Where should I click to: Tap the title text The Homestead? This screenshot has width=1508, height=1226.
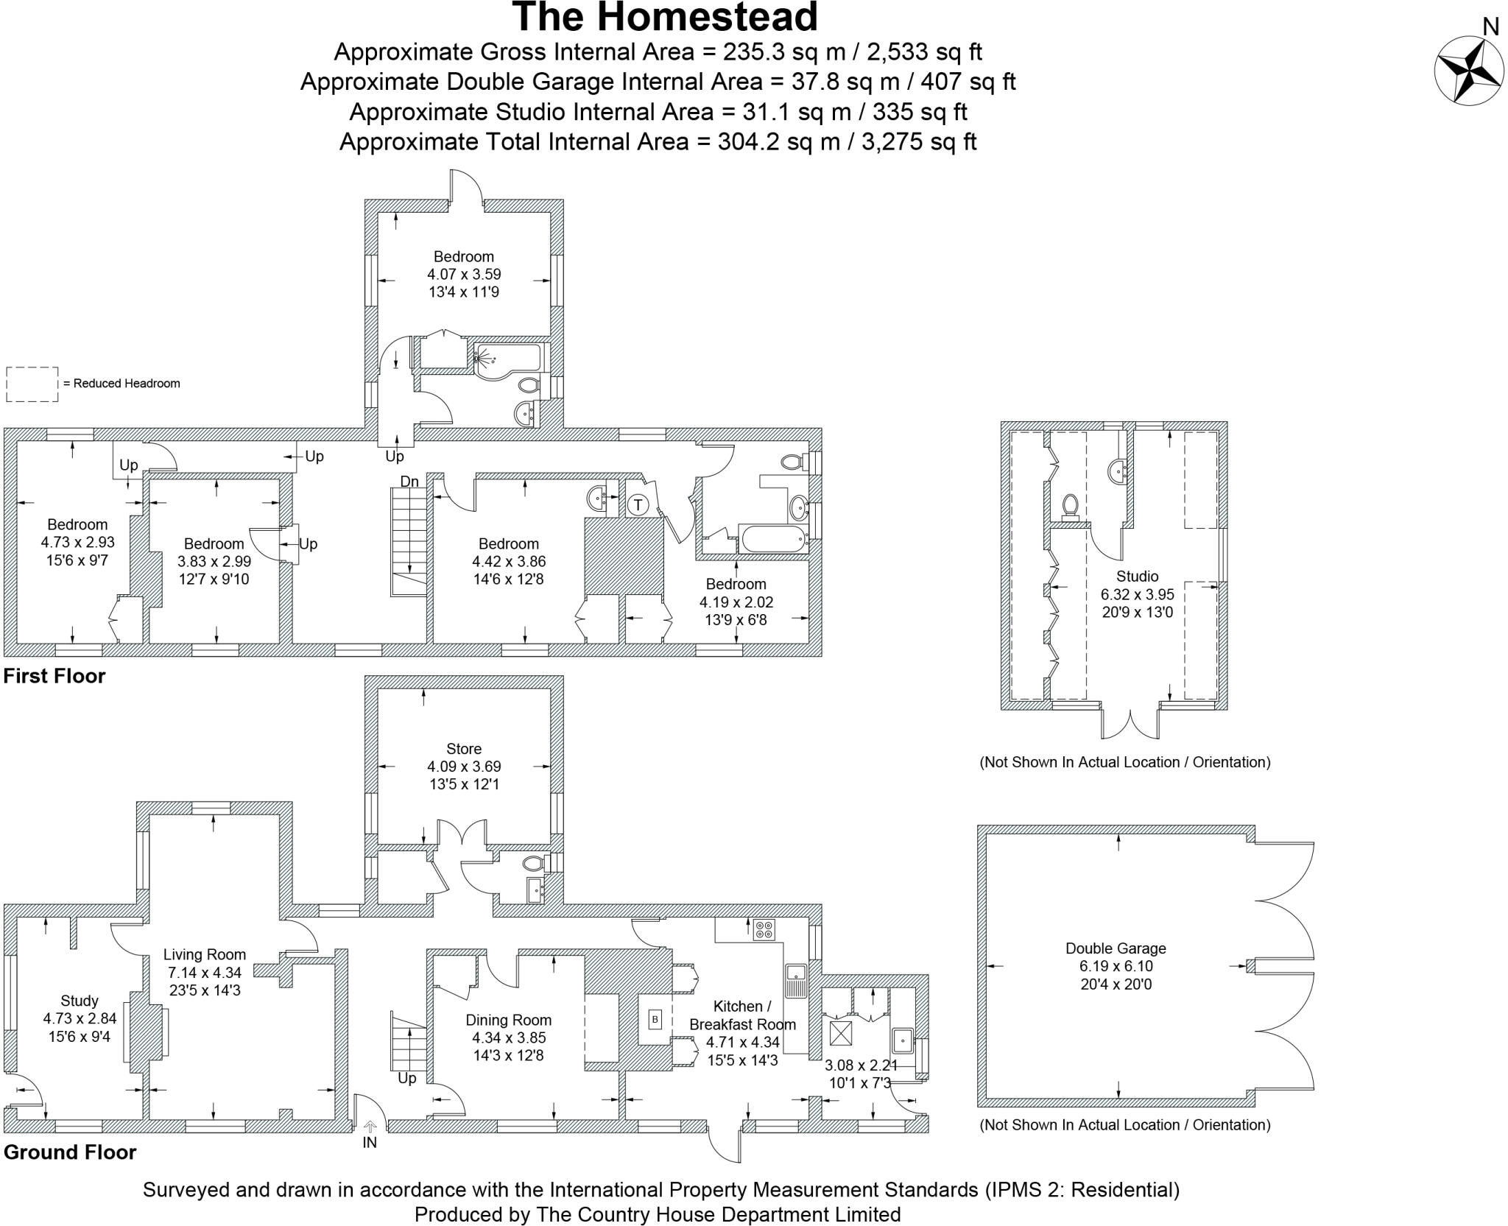[665, 18]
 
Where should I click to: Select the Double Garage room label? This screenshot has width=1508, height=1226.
[1116, 948]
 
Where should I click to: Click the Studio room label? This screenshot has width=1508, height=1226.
[1137, 577]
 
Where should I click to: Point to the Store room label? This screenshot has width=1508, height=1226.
[464, 749]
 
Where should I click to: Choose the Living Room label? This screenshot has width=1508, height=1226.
[204, 954]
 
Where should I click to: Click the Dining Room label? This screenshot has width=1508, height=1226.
[508, 1020]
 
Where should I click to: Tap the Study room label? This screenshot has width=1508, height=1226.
[80, 1001]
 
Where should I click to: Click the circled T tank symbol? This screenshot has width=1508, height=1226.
[638, 505]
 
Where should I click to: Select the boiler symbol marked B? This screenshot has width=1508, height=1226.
[655, 1020]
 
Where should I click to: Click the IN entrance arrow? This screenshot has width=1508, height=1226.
[370, 1127]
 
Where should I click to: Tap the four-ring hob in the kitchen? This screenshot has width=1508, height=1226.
[764, 930]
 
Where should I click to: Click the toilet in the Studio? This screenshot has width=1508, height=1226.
[1071, 506]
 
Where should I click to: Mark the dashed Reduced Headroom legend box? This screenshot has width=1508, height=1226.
[32, 384]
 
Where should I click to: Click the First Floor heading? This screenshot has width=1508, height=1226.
[54, 676]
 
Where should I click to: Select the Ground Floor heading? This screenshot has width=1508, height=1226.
[70, 1152]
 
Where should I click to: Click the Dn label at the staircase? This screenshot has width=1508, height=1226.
[409, 482]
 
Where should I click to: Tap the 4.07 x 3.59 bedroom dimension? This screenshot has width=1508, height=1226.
[464, 274]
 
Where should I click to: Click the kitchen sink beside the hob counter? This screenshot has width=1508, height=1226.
[796, 979]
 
